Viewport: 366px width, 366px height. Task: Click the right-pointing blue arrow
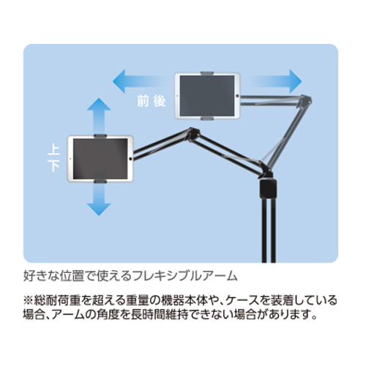pyautogui.click(x=274, y=81)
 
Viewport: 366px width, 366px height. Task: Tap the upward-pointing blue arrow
pyautogui.click(x=99, y=116)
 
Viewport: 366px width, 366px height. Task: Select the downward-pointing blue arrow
pyautogui.click(x=99, y=199)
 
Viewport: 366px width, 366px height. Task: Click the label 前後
pyautogui.click(x=152, y=101)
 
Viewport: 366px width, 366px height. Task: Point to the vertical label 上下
pyautogui.click(x=53, y=159)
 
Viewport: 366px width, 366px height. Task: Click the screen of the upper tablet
pyautogui.click(x=207, y=96)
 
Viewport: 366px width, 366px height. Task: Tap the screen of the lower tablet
pyautogui.click(x=100, y=159)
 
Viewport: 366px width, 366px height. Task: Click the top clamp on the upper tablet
pyautogui.click(x=207, y=73)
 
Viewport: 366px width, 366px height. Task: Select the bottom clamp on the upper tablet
pyautogui.click(x=207, y=119)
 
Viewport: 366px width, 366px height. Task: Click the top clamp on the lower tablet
pyautogui.click(x=100, y=136)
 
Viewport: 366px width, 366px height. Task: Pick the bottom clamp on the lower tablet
pyautogui.click(x=100, y=182)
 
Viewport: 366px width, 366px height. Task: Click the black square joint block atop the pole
pyautogui.click(x=269, y=189)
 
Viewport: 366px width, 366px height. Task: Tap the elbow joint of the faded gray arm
pyautogui.click(x=306, y=100)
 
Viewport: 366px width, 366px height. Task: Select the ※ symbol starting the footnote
pyautogui.click(x=28, y=300)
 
